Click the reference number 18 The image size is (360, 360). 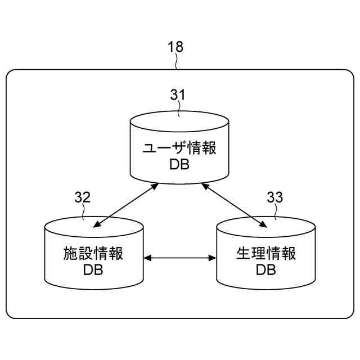coord(176,47)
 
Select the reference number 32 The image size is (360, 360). coord(83,197)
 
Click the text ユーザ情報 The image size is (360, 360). coord(179,149)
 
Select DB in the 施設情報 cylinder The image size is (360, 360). coord(93,270)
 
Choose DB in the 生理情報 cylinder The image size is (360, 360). coord(266,270)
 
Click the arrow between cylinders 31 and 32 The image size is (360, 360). coord(125,206)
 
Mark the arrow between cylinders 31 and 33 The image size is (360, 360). coord(234,206)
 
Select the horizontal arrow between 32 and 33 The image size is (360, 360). coord(180,258)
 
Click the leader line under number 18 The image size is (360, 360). coord(178,62)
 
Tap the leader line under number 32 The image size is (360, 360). coord(84,212)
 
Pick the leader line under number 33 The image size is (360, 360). coord(276,212)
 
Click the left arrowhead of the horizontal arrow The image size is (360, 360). coord(148,258)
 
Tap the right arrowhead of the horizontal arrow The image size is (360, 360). coord(213,258)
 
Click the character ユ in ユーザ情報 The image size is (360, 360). coord(149,149)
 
